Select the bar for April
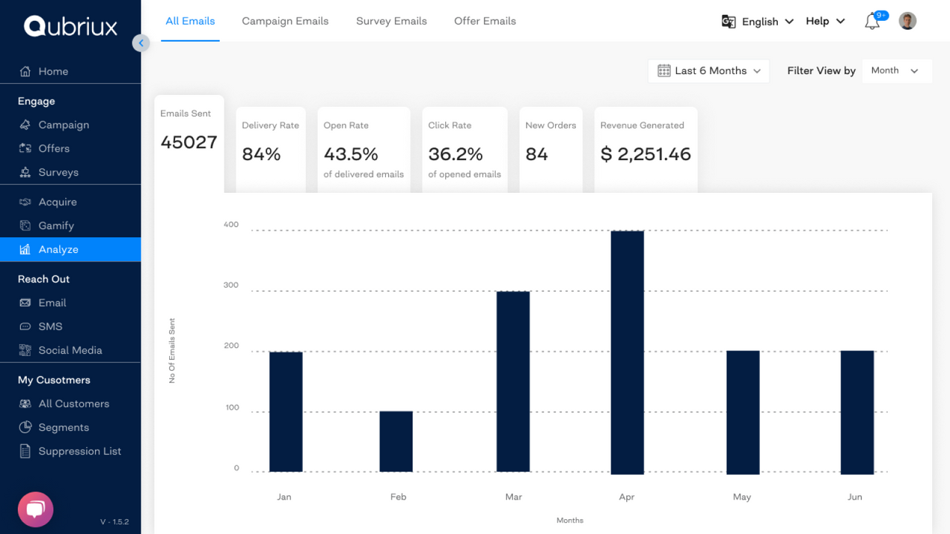tap(627, 352)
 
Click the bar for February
tap(396, 441)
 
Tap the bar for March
tap(513, 381)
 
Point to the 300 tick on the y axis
tap(231, 286)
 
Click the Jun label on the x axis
tap(855, 497)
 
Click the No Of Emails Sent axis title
tap(172, 351)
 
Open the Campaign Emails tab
tap(285, 21)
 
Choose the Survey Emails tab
tap(391, 21)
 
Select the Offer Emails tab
tap(485, 21)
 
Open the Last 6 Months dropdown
tap(709, 71)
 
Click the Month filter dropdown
tap(896, 71)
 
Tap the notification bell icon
tap(872, 22)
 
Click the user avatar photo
tap(907, 21)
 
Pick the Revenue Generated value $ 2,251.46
tap(645, 154)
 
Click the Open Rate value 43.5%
tap(351, 154)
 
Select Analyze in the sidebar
tap(59, 249)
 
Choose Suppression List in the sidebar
tap(79, 451)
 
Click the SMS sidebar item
tap(50, 326)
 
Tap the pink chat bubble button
tap(36, 510)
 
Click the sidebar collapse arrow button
tap(141, 43)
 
